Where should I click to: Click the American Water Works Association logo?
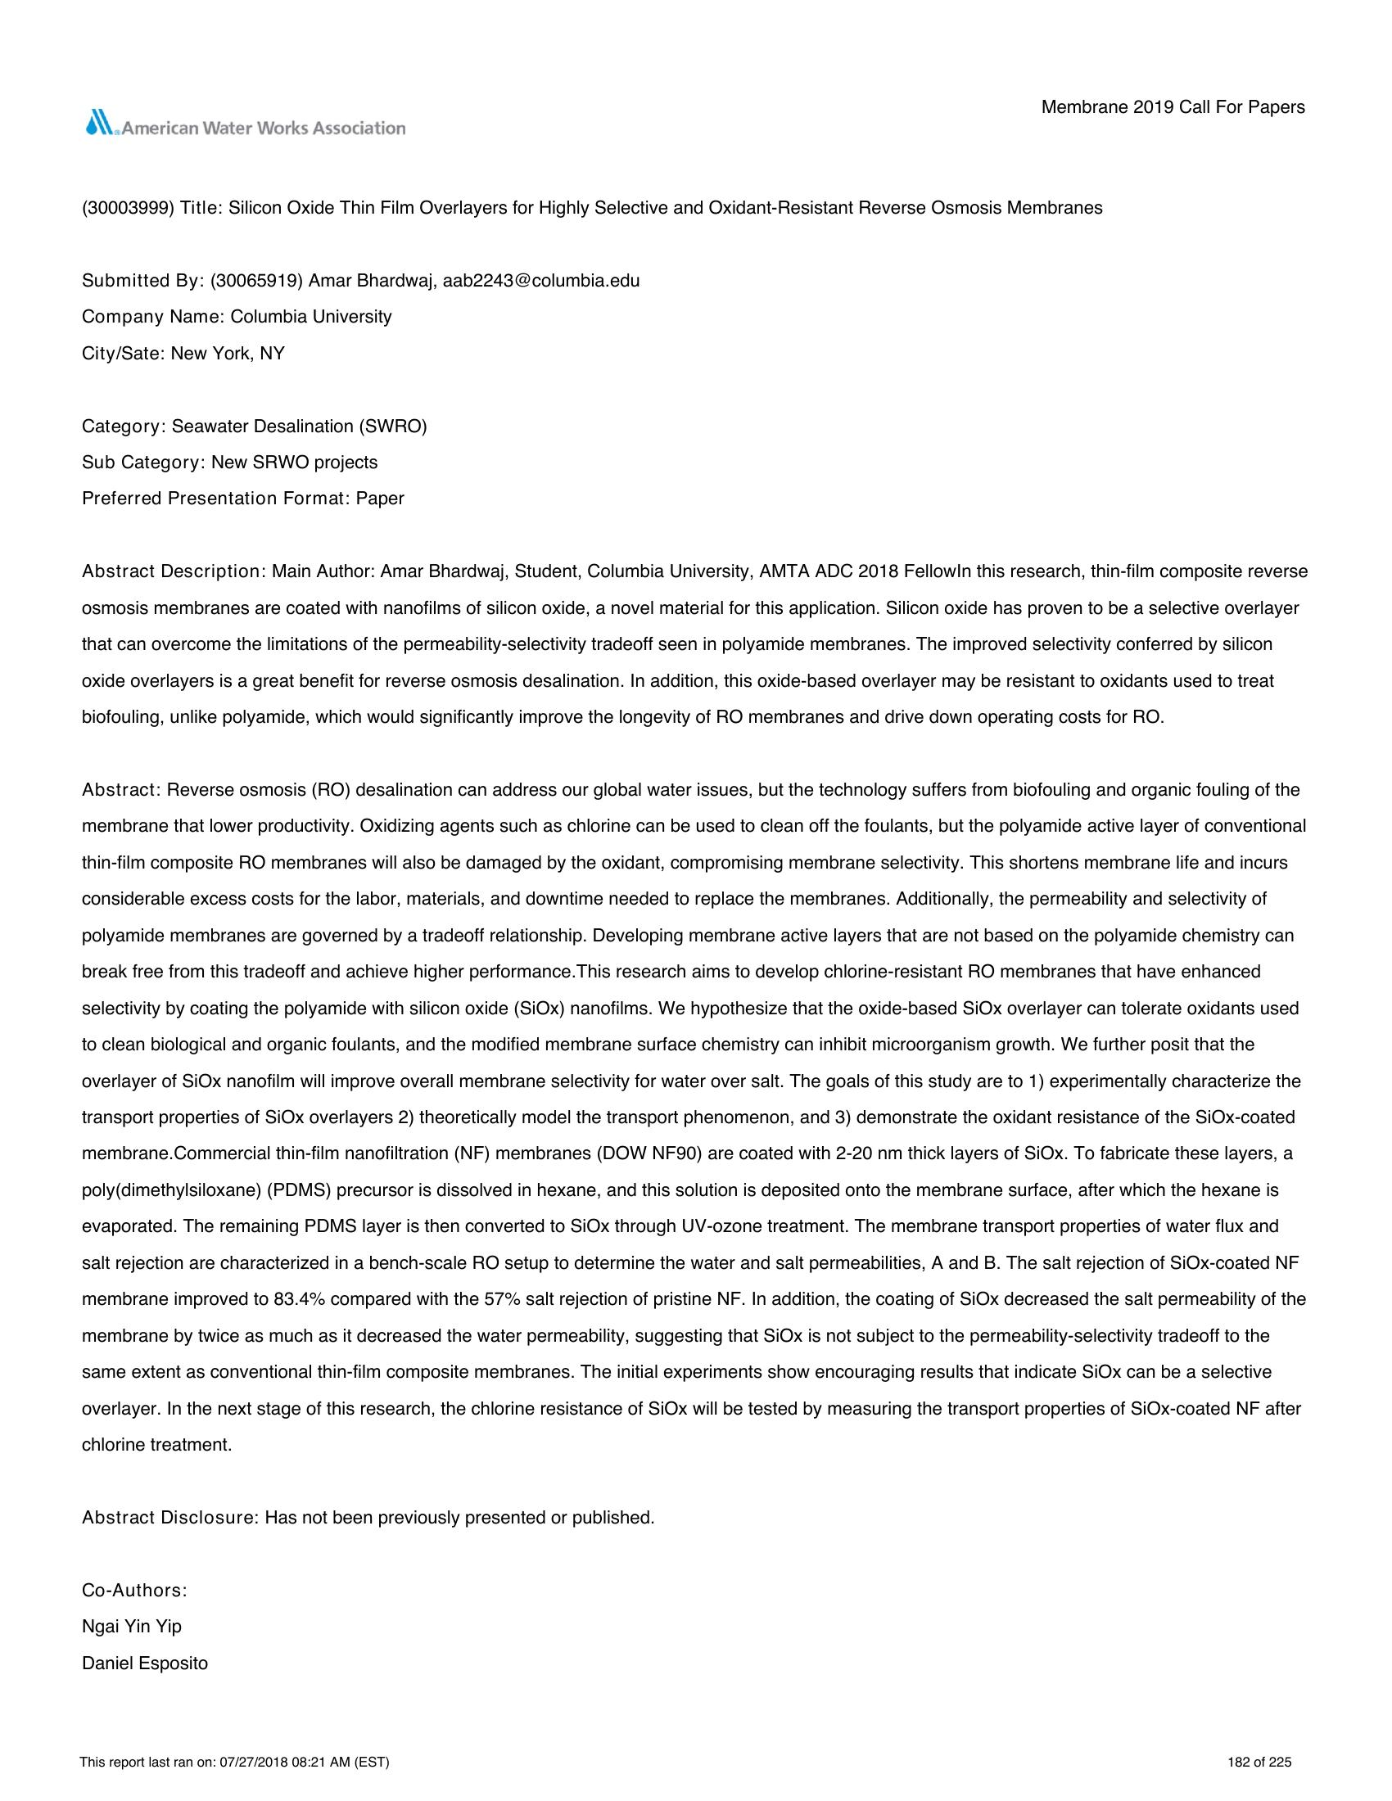245,125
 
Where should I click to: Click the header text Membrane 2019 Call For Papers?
1173,107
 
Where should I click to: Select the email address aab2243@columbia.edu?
541,280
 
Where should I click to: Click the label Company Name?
153,317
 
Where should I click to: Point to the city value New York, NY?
228,354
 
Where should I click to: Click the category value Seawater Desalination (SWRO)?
300,427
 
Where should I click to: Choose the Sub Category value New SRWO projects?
295,463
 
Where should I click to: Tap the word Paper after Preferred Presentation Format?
380,499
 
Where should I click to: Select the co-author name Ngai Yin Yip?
132,1627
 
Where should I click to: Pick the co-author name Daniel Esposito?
145,1663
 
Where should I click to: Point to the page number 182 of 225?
1259,1763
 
